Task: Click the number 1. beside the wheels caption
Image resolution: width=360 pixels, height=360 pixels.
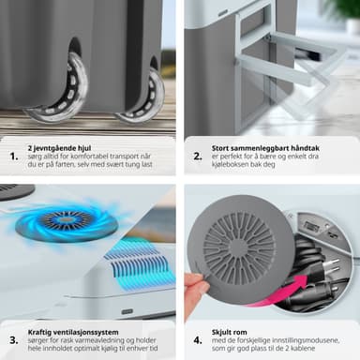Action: click(x=14, y=157)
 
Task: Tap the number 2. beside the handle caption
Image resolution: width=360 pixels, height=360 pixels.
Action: click(x=198, y=157)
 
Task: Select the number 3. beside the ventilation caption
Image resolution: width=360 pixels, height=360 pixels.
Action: click(x=14, y=340)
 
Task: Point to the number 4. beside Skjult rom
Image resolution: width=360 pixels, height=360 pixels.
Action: click(x=198, y=340)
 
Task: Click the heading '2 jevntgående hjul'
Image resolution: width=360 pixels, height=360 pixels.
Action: click(x=59, y=148)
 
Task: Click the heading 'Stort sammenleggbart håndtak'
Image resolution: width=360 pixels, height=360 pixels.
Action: click(x=265, y=148)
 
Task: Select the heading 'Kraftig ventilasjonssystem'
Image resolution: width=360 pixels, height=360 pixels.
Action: click(x=73, y=332)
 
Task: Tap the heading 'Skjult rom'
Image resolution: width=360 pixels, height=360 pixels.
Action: click(x=230, y=332)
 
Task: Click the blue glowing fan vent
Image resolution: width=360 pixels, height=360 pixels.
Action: click(x=67, y=220)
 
